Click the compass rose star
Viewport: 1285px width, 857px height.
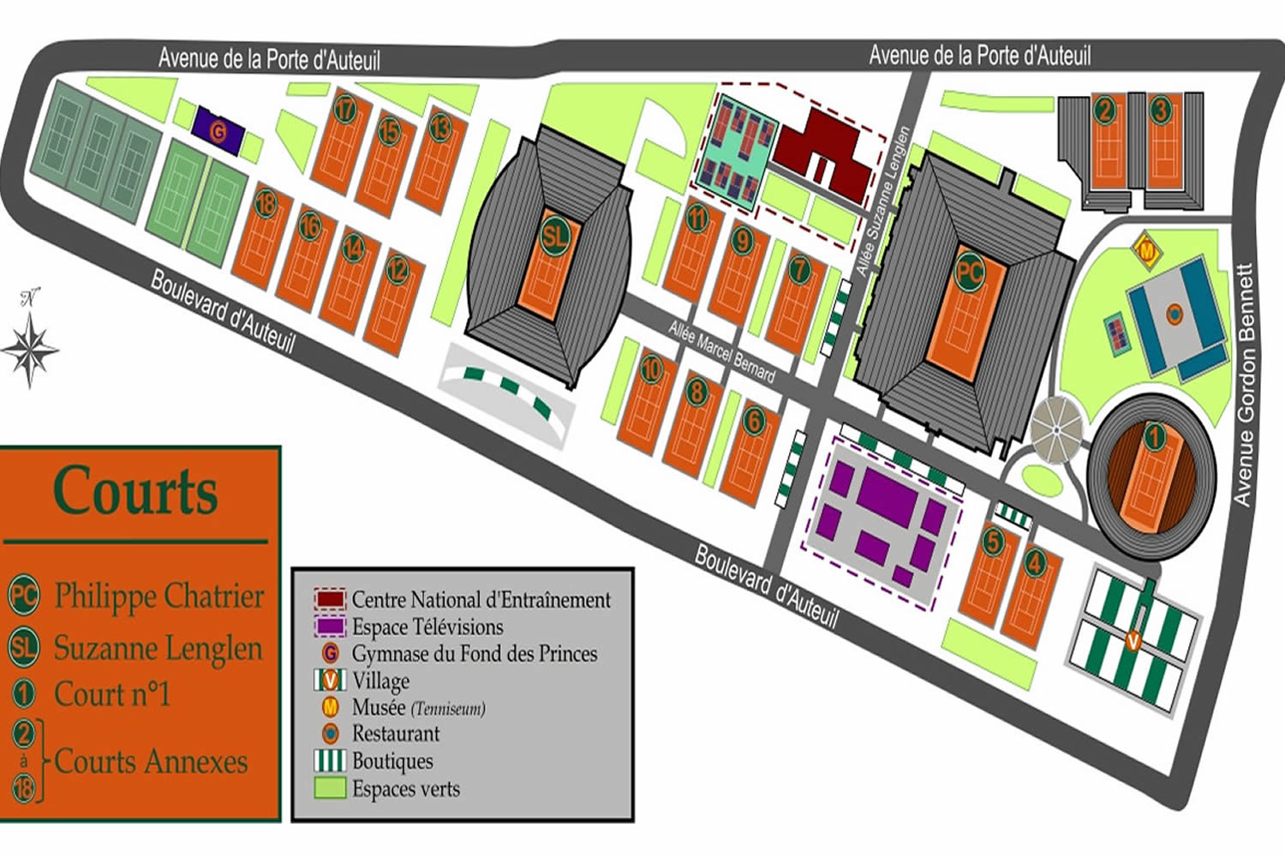[30, 349]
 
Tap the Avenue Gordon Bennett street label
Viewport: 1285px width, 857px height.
[1245, 384]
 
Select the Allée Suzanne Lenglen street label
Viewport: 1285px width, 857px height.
[882, 202]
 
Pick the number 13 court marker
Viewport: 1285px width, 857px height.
[439, 128]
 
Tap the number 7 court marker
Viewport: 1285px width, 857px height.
[798, 270]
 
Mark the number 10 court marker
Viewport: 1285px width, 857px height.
[652, 369]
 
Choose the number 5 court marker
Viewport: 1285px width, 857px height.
[992, 542]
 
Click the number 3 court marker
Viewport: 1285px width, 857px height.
[1160, 111]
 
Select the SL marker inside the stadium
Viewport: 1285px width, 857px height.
[553, 235]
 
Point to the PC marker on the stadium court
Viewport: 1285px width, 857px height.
[969, 273]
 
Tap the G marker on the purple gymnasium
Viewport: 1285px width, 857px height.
[218, 132]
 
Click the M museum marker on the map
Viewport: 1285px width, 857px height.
[1145, 251]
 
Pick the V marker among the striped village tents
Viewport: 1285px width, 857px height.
[1133, 640]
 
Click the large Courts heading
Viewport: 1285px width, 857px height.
[135, 491]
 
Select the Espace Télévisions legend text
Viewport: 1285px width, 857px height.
[427, 627]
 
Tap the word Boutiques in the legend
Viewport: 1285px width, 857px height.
[392, 761]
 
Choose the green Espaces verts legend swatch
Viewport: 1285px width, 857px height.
[330, 788]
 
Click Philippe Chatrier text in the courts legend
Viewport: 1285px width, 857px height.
[159, 596]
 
